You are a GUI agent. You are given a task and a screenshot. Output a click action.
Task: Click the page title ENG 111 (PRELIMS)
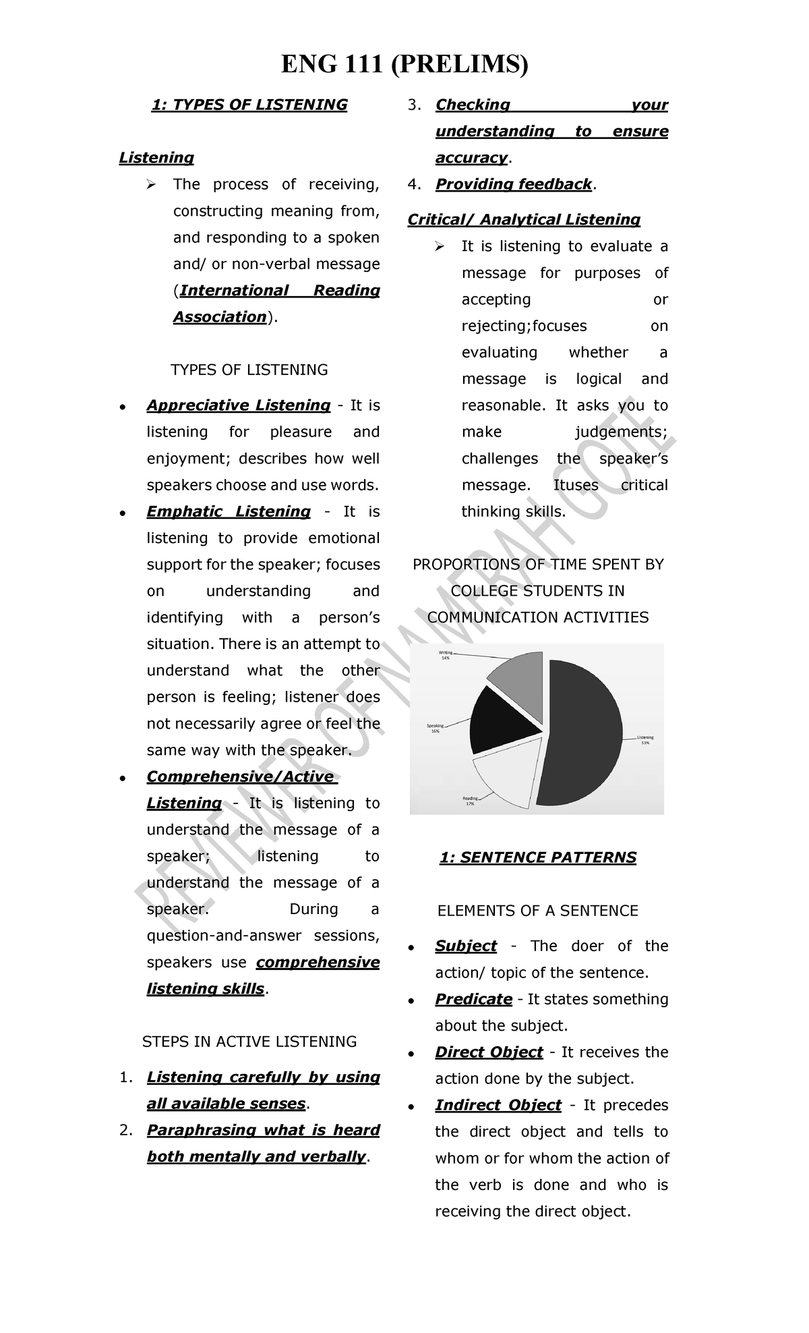pos(404,65)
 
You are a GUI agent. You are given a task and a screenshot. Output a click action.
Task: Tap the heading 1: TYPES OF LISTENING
pos(249,105)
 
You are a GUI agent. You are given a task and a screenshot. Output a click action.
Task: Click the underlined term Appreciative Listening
pos(239,405)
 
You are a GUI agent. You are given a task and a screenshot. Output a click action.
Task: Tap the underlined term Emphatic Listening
pos(229,512)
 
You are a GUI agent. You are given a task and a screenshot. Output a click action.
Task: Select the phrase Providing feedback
pos(514,184)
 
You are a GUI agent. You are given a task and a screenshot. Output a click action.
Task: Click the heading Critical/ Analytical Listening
pos(524,220)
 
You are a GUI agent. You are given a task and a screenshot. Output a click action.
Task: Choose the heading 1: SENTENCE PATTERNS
pos(538,857)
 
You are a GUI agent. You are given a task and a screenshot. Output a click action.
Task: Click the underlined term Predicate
pos(473,999)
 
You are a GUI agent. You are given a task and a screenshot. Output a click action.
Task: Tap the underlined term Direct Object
pos(489,1052)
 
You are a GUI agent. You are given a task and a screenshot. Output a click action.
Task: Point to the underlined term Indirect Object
pos(498,1105)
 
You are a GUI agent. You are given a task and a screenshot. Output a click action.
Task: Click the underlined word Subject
pos(466,946)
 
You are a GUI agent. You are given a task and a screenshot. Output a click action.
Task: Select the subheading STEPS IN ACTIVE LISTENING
pos(249,1042)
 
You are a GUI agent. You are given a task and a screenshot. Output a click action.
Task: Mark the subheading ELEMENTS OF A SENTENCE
pos(538,911)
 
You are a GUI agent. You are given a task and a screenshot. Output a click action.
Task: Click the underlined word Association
pos(220,317)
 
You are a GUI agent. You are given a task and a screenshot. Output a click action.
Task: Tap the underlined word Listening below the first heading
pos(156,158)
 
